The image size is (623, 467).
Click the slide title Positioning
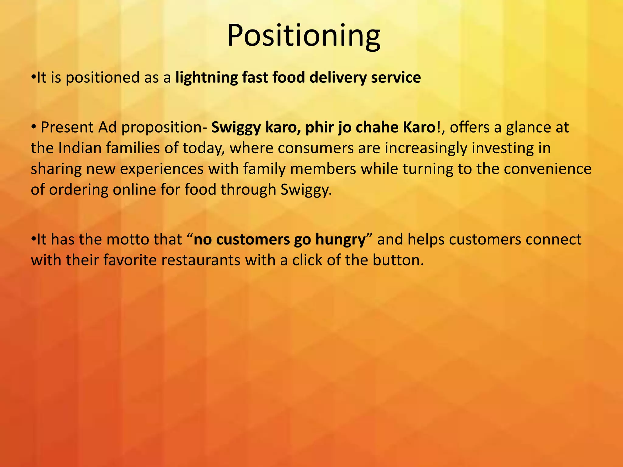303,36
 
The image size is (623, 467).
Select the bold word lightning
206,78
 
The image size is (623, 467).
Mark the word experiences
162,169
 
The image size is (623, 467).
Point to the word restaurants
201,260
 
